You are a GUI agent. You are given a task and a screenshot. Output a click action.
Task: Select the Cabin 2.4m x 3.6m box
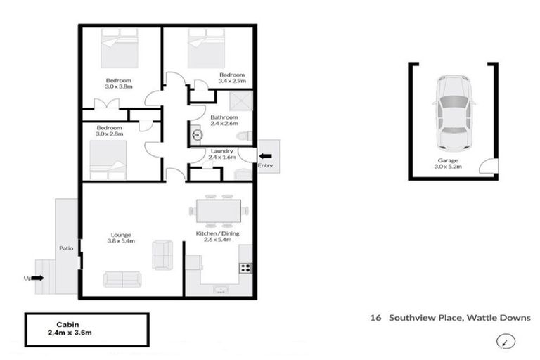pos(87,328)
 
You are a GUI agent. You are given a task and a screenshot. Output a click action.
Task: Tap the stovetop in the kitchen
pos(246,267)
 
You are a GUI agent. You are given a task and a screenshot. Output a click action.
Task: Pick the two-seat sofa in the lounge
pos(162,254)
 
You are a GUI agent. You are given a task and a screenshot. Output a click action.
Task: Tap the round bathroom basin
pos(197,134)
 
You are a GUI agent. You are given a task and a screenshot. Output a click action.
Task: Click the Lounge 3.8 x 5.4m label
pos(121,238)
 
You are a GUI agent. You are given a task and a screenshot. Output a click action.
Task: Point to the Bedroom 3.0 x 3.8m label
pos(117,83)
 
